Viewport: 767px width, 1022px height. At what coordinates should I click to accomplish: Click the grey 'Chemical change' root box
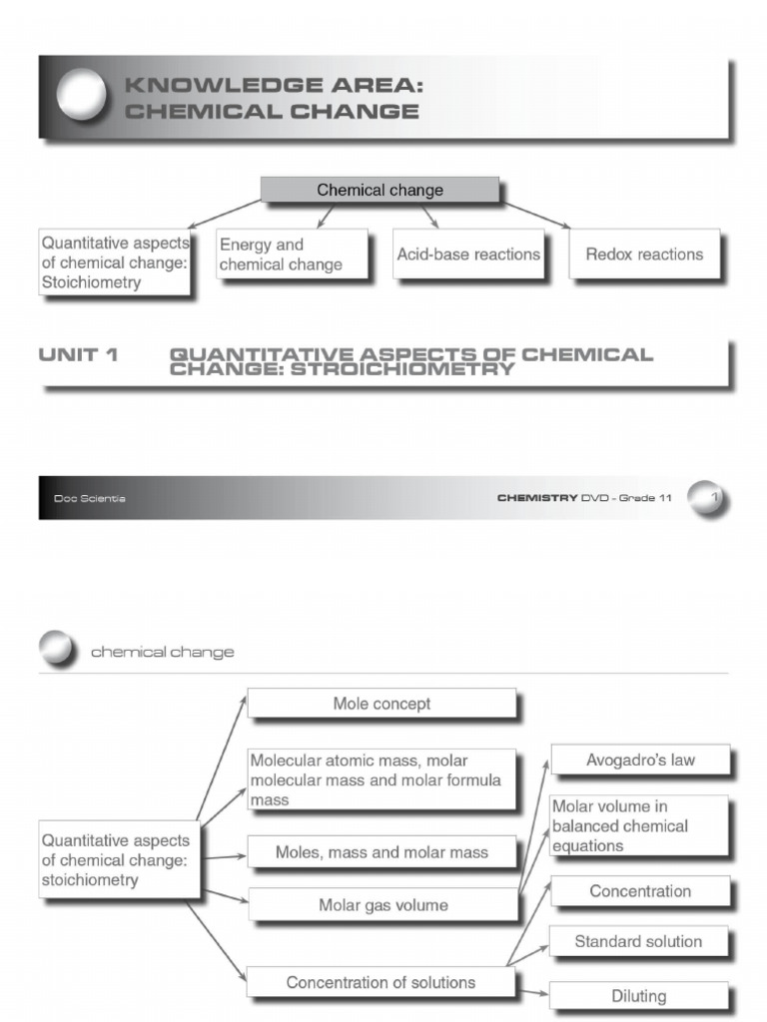click(x=380, y=190)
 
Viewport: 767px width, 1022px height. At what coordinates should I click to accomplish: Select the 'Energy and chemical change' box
click(x=292, y=255)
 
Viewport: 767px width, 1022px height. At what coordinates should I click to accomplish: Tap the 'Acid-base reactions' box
click(x=468, y=255)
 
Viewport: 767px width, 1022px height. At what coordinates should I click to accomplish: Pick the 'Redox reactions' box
click(x=644, y=255)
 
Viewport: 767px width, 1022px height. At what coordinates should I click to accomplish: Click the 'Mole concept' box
click(x=382, y=704)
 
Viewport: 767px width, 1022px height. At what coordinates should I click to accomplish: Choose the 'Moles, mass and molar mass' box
click(x=382, y=852)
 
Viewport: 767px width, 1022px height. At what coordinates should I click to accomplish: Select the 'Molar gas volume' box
click(x=383, y=905)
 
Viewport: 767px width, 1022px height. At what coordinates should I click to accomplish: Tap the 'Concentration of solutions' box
click(x=381, y=982)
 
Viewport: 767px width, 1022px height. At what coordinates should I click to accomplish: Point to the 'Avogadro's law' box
click(x=640, y=761)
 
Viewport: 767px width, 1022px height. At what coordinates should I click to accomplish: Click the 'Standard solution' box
click(x=638, y=941)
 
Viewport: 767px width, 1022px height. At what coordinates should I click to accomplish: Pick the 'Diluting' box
click(x=638, y=995)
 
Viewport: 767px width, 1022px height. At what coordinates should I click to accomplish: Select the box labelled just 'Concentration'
click(x=640, y=891)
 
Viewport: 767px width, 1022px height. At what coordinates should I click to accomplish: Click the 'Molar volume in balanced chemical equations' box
click(x=639, y=825)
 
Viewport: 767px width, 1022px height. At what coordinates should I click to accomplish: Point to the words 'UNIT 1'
click(x=78, y=354)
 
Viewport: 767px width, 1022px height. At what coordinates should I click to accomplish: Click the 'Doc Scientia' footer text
click(x=90, y=498)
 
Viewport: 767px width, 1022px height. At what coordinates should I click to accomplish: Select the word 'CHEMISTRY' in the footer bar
click(x=537, y=498)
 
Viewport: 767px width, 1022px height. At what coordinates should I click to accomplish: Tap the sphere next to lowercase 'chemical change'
click(x=57, y=651)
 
